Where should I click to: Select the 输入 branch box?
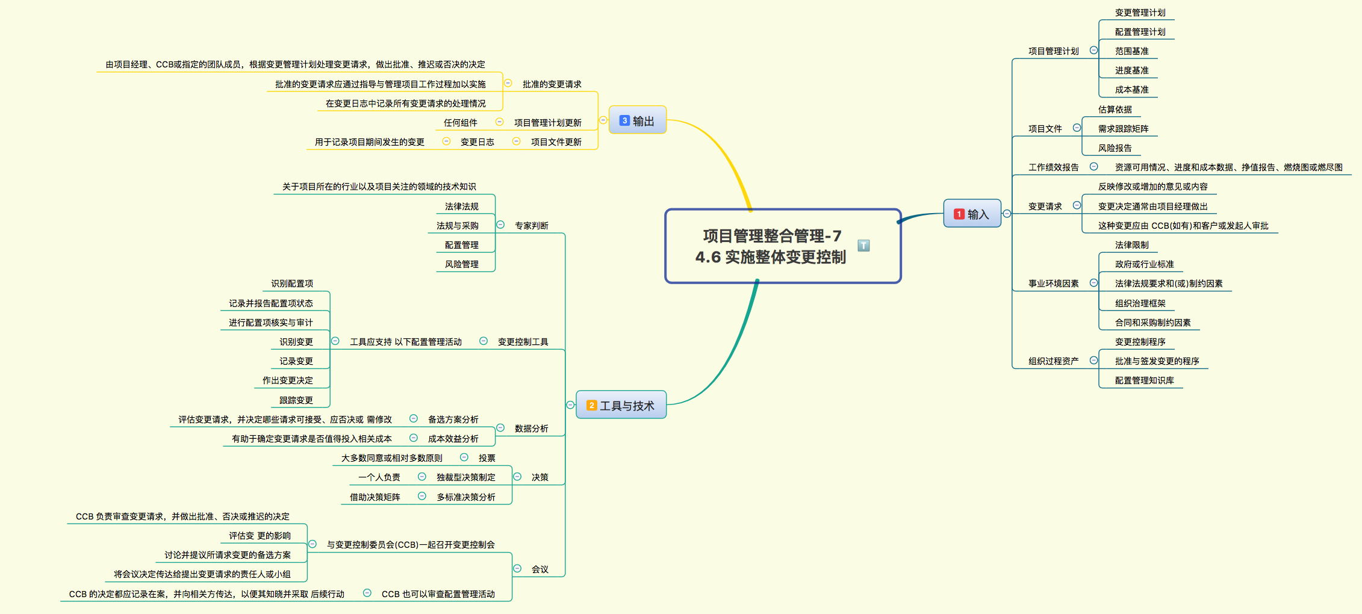pyautogui.click(x=972, y=214)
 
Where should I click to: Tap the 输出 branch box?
pyautogui.click(x=637, y=120)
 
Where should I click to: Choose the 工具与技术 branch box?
pyautogui.click(x=621, y=405)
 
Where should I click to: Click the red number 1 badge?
pyautogui.click(x=959, y=214)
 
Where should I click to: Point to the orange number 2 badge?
pyautogui.click(x=592, y=406)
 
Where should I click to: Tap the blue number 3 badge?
pyautogui.click(x=624, y=120)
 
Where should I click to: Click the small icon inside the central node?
pyautogui.click(x=863, y=246)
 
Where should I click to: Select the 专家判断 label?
pyautogui.click(x=531, y=226)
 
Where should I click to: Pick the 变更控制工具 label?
pyautogui.click(x=523, y=342)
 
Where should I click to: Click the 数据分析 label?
pyautogui.click(x=531, y=429)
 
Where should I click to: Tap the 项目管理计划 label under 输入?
pyautogui.click(x=1053, y=51)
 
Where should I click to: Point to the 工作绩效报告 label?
pyautogui.click(x=1053, y=167)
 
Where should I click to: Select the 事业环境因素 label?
pyautogui.click(x=1053, y=284)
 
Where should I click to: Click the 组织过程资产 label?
pyautogui.click(x=1053, y=361)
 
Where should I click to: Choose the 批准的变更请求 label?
pyautogui.click(x=552, y=84)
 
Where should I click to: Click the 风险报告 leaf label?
pyautogui.click(x=1115, y=148)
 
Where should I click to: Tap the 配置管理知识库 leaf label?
pyautogui.click(x=1144, y=380)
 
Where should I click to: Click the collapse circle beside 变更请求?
pyautogui.click(x=1077, y=206)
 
